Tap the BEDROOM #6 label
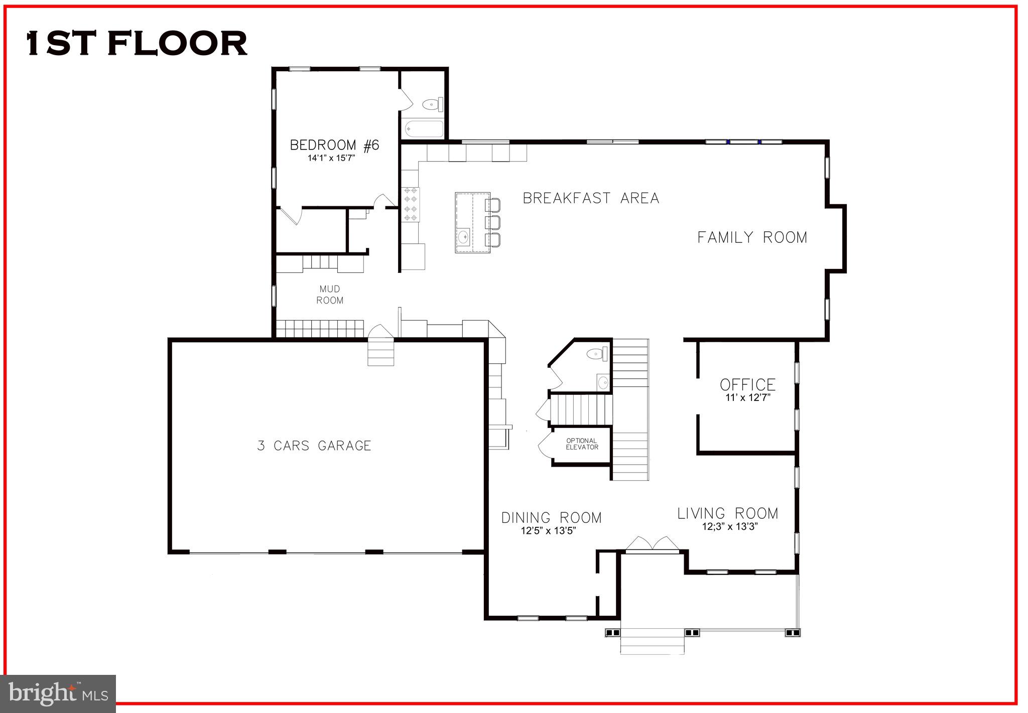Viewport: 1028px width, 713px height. [x=335, y=146]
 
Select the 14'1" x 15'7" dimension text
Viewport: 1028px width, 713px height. [x=331, y=158]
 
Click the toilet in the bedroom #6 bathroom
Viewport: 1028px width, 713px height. [x=432, y=105]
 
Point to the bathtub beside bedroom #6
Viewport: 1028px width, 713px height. [x=424, y=128]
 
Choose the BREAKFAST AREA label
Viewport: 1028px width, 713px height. [x=591, y=198]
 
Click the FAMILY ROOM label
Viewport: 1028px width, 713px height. [x=752, y=237]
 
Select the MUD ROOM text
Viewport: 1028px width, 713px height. [x=330, y=295]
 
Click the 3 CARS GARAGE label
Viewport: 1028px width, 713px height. [x=314, y=446]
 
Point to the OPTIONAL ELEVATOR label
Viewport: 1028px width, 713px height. [x=582, y=444]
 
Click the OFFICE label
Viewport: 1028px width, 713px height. [x=747, y=385]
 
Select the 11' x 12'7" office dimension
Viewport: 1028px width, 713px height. [x=747, y=398]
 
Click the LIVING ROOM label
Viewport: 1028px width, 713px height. [x=728, y=513]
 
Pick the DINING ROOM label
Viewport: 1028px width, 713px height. [x=551, y=517]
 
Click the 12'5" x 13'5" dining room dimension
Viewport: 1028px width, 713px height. [x=548, y=531]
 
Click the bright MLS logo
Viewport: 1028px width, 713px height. [x=58, y=693]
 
